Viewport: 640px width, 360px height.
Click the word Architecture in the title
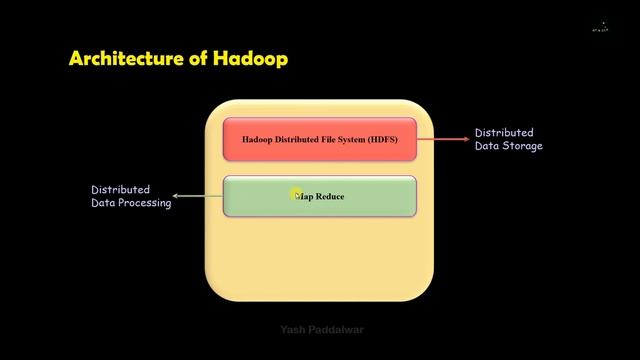(x=124, y=58)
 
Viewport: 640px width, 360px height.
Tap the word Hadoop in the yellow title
(x=251, y=58)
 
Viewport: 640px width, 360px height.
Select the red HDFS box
(x=319, y=139)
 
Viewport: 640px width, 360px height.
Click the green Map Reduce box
(x=319, y=196)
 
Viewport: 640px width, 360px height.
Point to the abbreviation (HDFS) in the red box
(x=379, y=139)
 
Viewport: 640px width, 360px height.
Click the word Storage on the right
(x=524, y=146)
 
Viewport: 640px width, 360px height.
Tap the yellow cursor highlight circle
(x=298, y=195)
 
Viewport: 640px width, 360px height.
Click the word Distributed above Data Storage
(x=503, y=133)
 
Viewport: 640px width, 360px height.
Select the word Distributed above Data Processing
(x=120, y=190)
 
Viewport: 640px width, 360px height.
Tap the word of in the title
(x=197, y=58)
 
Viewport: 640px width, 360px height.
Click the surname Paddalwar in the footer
(x=331, y=329)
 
